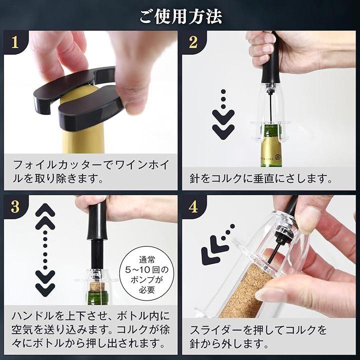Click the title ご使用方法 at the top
pos(180,16)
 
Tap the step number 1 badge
pos(15,42)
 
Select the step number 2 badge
pos(193,42)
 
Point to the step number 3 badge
pos(15,206)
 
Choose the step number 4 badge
pos(193,206)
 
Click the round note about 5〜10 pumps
pos(147,273)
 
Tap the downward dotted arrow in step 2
pos(223,114)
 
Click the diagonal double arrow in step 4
pos(217,245)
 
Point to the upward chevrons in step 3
pos(45,216)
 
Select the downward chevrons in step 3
pos(45,283)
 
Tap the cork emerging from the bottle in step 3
pos(96,286)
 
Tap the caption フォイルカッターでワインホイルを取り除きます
pos(91,171)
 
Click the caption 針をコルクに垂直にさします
pos(261,178)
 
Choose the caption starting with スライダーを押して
pos(258,337)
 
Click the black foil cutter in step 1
pos(78,97)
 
